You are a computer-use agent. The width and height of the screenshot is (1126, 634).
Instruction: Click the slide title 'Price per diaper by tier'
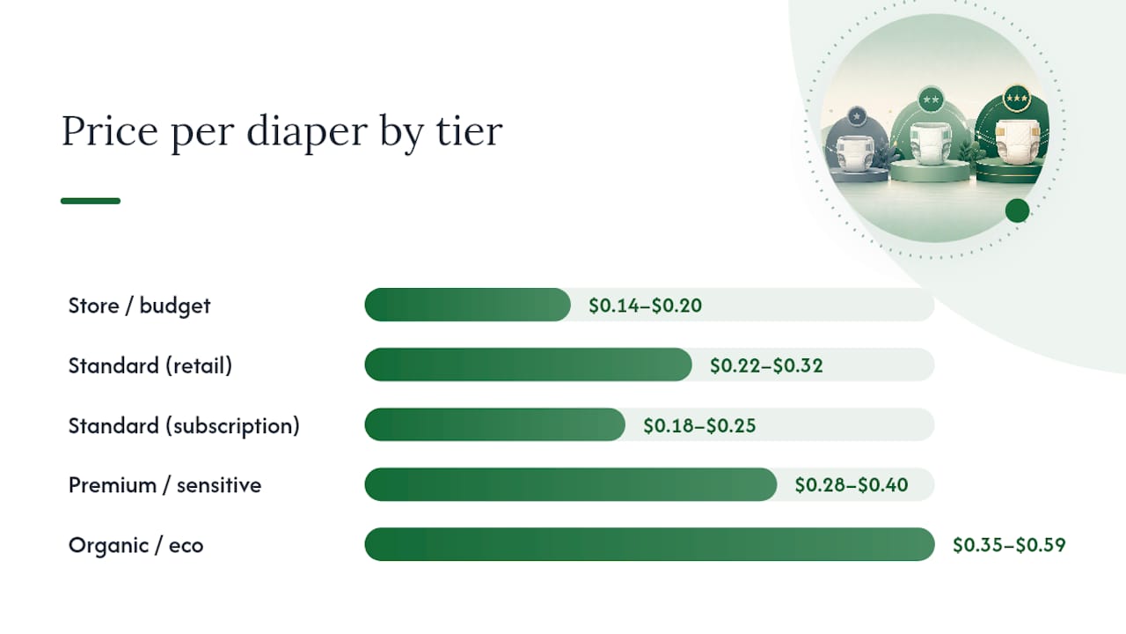point(282,132)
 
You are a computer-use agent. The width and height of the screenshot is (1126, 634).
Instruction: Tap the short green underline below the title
point(91,201)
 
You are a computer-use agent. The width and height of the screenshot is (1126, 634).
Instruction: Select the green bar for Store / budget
point(467,305)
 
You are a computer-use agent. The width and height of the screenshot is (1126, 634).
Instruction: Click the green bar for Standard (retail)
point(529,365)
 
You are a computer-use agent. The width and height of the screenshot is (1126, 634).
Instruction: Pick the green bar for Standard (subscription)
point(495,424)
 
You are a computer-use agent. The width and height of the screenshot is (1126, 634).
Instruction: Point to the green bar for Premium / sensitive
point(571,484)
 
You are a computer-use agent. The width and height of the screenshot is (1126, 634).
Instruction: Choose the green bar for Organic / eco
point(649,544)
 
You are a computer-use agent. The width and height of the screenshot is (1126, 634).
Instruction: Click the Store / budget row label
point(139,306)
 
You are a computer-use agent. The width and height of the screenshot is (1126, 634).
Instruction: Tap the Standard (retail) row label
point(150,365)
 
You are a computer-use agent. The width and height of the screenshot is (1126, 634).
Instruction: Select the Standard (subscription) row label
point(184,425)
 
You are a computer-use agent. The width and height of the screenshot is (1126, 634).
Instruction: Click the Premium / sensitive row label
point(165,485)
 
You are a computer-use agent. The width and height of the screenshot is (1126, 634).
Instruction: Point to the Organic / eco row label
point(135,545)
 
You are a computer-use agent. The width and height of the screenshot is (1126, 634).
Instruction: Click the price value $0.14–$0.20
point(646,306)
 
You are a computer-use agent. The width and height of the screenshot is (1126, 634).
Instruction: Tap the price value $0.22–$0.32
point(766,365)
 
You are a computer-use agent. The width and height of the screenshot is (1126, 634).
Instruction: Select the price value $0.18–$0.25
point(699,425)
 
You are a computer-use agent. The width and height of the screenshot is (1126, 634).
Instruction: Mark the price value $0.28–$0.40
point(852,485)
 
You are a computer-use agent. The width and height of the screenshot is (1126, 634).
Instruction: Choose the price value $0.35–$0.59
point(1009,545)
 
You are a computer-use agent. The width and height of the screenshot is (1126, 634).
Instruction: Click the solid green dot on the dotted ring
point(1018,210)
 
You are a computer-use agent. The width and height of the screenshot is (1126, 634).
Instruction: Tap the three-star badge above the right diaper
point(1017,99)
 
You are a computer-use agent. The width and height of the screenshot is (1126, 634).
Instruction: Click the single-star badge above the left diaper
point(857,116)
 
